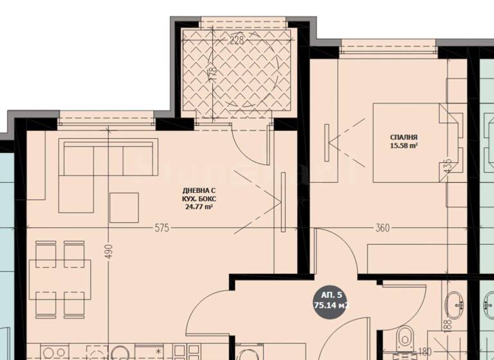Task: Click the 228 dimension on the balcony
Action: pyautogui.click(x=219, y=40)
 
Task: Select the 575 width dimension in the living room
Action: pyautogui.click(x=161, y=228)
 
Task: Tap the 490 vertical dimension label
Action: pyautogui.click(x=109, y=251)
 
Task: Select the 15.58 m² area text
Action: pyautogui.click(x=404, y=146)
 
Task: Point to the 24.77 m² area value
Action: pyautogui.click(x=199, y=208)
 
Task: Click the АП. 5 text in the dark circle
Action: pyautogui.click(x=327, y=295)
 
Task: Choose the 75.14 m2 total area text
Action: pyautogui.click(x=330, y=306)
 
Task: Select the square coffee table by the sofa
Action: pyautogui.click(x=123, y=208)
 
